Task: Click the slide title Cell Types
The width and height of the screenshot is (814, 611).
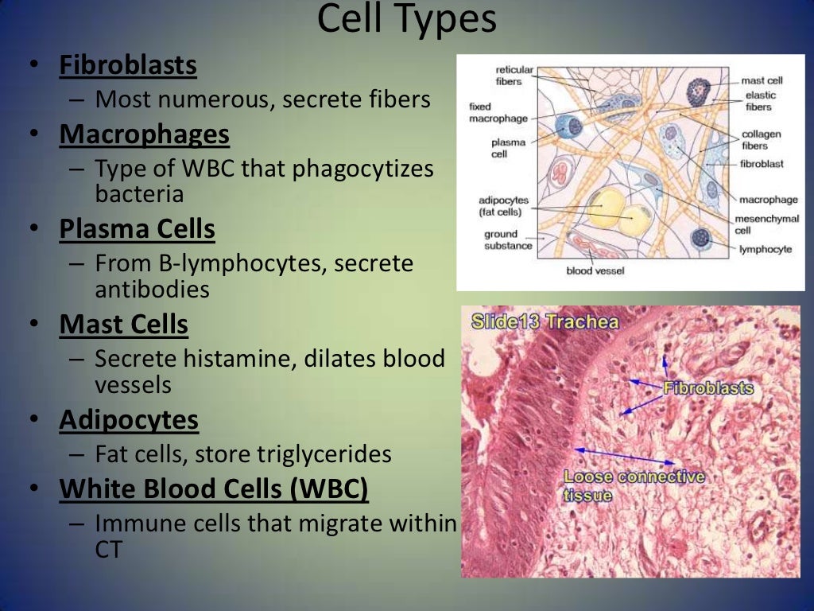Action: click(x=406, y=20)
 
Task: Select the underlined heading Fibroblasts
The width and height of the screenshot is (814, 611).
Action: click(x=128, y=65)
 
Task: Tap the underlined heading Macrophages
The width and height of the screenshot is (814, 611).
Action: click(x=145, y=134)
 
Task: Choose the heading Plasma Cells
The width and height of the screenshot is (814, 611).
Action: click(x=137, y=229)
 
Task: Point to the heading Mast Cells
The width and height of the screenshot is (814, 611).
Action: click(x=123, y=325)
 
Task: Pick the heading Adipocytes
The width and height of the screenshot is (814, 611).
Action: click(x=129, y=419)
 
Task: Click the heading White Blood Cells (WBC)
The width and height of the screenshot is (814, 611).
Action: click(x=214, y=488)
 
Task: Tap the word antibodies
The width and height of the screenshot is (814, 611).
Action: click(x=152, y=290)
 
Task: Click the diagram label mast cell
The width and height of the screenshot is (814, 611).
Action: click(x=762, y=80)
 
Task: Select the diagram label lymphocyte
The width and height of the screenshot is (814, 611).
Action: click(x=765, y=249)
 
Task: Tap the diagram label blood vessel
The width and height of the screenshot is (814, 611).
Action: click(x=595, y=271)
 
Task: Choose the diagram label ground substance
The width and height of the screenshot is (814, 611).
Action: click(x=505, y=239)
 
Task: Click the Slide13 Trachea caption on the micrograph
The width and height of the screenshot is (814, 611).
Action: click(x=545, y=322)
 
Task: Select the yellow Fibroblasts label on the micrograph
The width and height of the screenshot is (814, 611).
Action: click(x=707, y=388)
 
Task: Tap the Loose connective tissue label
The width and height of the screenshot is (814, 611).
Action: click(x=634, y=485)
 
